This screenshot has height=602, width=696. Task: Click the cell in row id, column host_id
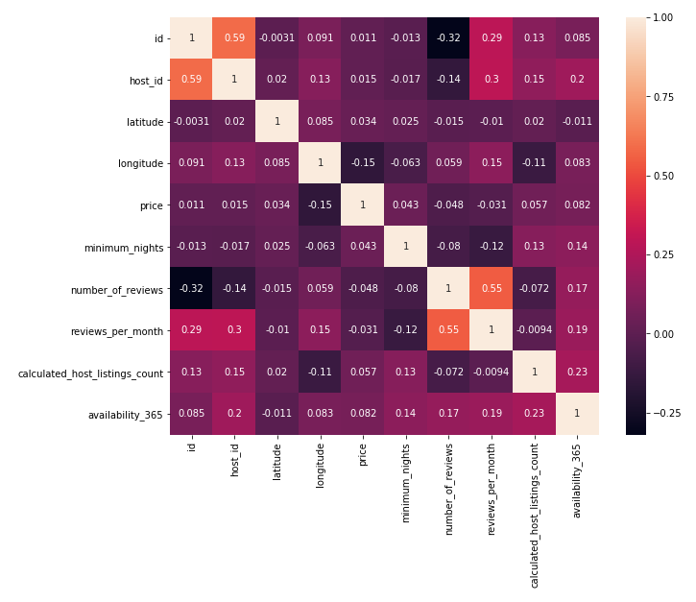(233, 38)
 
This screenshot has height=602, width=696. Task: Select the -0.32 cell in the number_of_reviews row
(191, 288)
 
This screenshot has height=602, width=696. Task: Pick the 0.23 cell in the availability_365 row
(535, 414)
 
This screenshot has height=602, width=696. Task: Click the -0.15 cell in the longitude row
(363, 163)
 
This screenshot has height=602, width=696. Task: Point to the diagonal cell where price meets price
(363, 205)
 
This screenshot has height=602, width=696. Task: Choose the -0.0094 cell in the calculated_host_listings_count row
(492, 372)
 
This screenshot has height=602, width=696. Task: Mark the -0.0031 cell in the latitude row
(191, 122)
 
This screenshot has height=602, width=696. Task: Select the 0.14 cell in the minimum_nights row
(578, 247)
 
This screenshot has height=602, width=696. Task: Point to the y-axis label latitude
(141, 122)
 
